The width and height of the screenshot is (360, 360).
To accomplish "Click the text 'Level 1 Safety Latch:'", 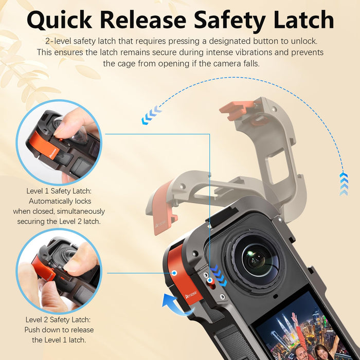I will [x=59, y=191].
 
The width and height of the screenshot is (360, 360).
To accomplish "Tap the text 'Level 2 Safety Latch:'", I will [x=59, y=320].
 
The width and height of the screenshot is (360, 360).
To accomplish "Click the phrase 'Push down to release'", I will [x=59, y=330].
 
